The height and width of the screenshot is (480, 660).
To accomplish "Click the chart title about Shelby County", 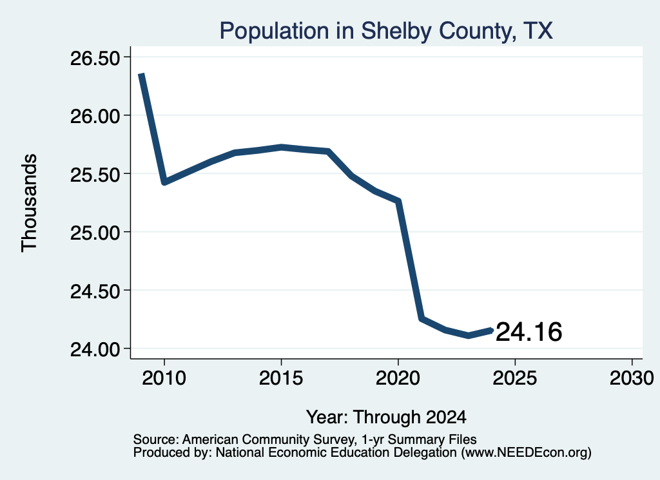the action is [x=386, y=31].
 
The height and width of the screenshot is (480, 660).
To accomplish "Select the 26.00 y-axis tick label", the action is [x=95, y=116].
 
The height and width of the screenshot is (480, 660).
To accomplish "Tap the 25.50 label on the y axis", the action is [x=95, y=174].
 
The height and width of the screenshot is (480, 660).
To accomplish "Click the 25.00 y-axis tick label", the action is [x=95, y=232].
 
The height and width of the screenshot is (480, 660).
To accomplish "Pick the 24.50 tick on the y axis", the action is [x=95, y=291].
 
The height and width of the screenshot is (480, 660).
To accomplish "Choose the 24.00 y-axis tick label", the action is [x=95, y=349].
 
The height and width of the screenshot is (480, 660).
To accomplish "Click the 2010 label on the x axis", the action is [x=164, y=378].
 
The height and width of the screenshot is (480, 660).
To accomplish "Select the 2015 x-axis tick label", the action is [x=281, y=378].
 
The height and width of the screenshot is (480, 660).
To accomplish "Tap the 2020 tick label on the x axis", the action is [x=398, y=378].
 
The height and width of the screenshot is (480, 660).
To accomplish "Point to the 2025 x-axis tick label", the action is [x=515, y=378].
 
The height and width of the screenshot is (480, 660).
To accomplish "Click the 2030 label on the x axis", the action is [x=632, y=378].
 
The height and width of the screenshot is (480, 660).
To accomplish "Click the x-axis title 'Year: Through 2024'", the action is [x=387, y=418].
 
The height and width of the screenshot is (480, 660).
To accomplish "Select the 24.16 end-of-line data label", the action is [x=529, y=332].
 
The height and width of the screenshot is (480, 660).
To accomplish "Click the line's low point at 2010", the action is [x=164, y=182].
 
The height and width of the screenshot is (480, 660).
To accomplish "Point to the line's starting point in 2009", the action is [x=141, y=75].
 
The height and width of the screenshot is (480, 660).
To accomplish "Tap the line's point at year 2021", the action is [x=422, y=318].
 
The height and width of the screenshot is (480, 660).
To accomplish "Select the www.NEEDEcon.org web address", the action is [x=526, y=453].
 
